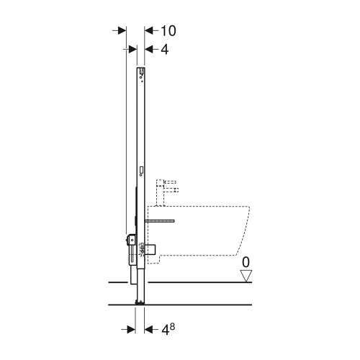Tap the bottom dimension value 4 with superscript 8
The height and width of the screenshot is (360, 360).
pos(168,330)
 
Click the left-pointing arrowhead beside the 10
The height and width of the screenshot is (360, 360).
pos(149,31)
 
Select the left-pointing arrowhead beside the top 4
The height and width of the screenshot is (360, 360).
pos(149,49)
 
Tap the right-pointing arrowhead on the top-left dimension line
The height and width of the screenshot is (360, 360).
pos(121,31)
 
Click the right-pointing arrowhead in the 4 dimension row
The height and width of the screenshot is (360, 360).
pos(132,49)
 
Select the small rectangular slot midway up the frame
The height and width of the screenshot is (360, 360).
pos(141,171)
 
